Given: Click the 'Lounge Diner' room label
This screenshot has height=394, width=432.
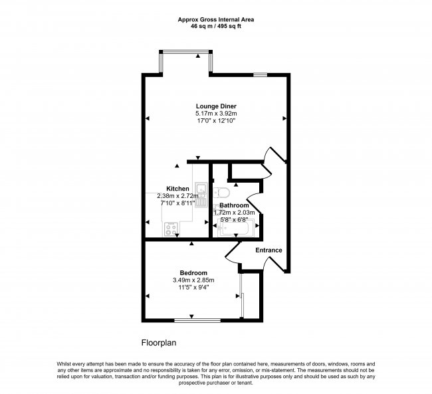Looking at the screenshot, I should click(216, 106).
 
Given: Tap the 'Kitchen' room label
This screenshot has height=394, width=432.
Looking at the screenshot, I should click(177, 189).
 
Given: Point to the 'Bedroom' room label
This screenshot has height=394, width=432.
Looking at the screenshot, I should click(193, 272).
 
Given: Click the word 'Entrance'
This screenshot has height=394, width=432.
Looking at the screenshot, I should click(269, 250).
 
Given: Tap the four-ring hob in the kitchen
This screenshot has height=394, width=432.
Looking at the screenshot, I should click(169, 229).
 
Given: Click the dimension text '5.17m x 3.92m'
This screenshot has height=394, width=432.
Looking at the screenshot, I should click(216, 114).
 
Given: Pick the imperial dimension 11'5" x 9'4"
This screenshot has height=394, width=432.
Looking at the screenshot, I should click(193, 288).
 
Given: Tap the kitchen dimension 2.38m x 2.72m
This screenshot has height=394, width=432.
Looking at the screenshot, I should click(177, 196).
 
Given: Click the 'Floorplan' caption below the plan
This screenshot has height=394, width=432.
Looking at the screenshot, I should click(158, 343).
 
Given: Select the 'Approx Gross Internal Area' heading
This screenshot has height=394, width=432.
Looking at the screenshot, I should click(215, 20).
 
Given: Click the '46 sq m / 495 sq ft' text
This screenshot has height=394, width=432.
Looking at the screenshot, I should click(215, 27).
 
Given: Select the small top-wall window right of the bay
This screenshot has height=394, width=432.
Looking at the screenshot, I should click(260, 74).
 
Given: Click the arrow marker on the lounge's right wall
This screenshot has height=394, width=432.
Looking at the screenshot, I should click(284, 119).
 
